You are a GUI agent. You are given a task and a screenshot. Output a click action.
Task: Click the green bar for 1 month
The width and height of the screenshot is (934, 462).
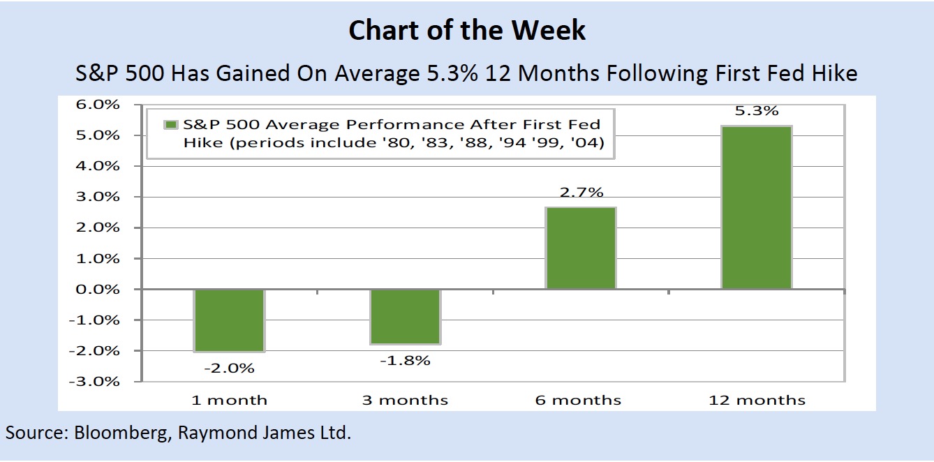click(230, 320)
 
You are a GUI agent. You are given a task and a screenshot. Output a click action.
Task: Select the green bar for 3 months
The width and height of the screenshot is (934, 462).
click(405, 317)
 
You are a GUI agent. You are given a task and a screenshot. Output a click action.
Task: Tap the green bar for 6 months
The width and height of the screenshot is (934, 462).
click(581, 248)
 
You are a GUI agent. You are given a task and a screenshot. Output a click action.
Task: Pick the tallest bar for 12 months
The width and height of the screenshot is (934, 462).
click(756, 207)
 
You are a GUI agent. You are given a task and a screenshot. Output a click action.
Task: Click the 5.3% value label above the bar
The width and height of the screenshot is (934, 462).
click(756, 111)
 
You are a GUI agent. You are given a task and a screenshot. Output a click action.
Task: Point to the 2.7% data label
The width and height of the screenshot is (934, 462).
click(581, 193)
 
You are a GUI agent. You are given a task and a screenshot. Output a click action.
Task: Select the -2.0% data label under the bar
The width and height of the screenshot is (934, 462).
click(230, 368)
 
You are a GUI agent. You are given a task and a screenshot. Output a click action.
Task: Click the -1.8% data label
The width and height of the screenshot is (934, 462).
click(405, 361)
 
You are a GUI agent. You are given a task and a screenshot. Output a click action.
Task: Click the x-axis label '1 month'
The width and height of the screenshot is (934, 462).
click(230, 400)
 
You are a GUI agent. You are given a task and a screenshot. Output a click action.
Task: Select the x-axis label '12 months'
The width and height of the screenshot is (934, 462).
click(757, 400)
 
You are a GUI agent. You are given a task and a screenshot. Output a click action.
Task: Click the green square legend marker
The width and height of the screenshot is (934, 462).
click(170, 125)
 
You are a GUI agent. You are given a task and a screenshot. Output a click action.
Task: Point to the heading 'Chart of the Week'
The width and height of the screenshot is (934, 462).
click(467, 31)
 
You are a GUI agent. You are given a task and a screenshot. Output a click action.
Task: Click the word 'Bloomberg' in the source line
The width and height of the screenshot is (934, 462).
click(119, 433)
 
